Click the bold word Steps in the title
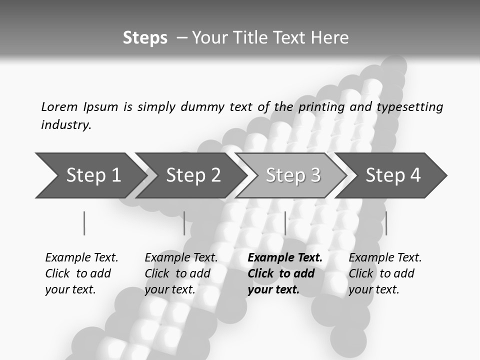click(145, 38)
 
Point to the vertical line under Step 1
click(84, 223)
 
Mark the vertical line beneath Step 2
click(184, 223)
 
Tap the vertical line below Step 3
click(285, 223)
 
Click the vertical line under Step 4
click(386, 223)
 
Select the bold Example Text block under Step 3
click(285, 273)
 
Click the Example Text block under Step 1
click(81, 273)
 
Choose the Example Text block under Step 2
click(181, 273)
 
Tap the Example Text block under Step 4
click(385, 273)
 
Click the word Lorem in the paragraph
click(59, 107)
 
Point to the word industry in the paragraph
click(66, 125)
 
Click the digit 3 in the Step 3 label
click(315, 175)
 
